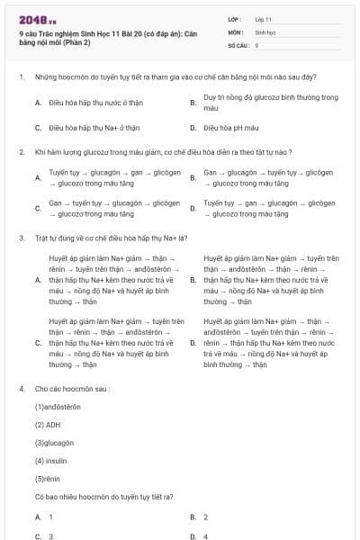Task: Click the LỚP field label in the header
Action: (235, 18)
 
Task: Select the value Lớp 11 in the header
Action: (263, 18)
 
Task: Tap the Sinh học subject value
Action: (265, 31)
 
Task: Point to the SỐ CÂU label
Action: (239, 44)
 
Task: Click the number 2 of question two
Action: (21, 152)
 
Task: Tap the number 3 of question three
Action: (21, 238)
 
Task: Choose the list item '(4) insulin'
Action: (50, 460)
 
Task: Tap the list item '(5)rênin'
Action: (49, 478)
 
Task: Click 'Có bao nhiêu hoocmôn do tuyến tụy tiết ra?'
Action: (104, 496)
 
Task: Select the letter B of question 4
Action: (193, 517)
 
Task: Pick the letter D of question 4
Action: (193, 535)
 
